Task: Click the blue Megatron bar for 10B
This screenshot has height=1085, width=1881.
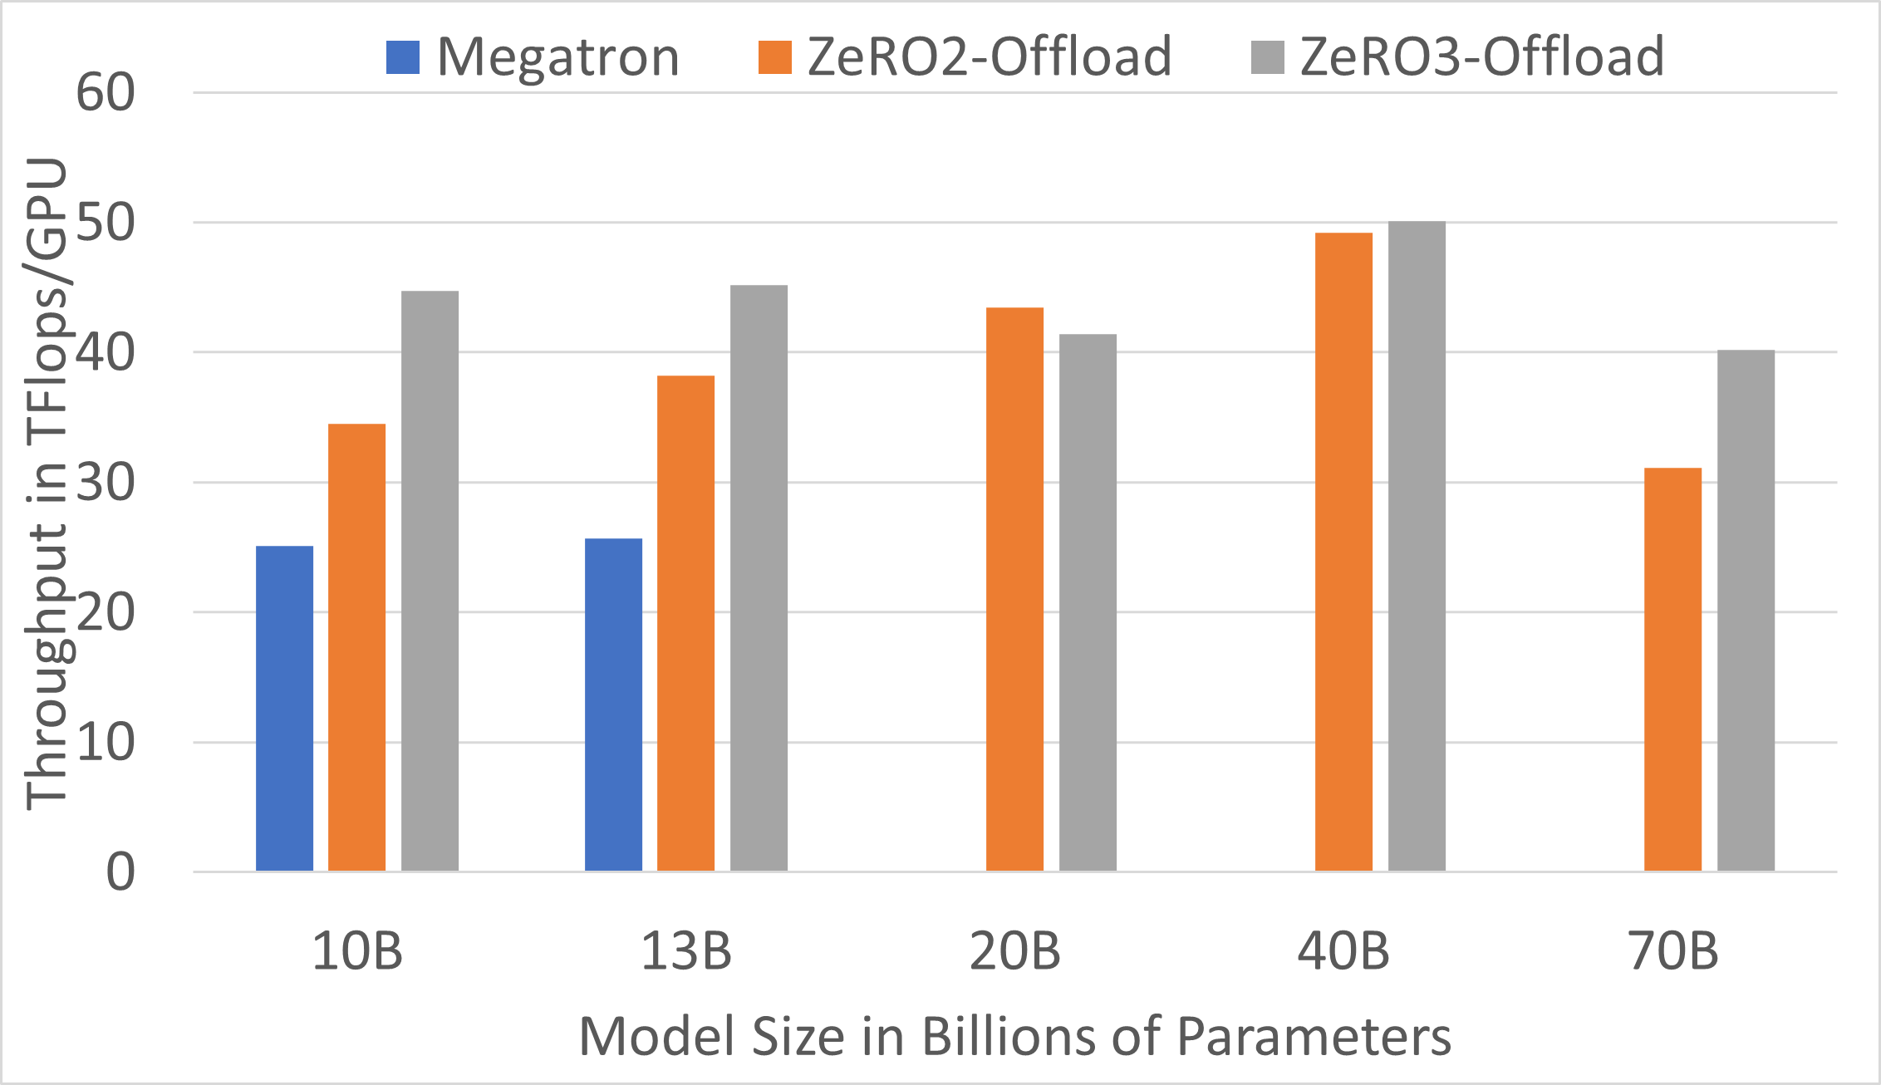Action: tap(284, 708)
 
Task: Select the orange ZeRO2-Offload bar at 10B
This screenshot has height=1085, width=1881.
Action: tap(356, 647)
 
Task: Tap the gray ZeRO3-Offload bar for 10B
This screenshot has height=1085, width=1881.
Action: tap(430, 581)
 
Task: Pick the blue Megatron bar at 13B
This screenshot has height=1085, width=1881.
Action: tap(613, 705)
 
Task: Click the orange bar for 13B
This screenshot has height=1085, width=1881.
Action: tap(685, 623)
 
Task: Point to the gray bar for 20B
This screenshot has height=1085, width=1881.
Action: tap(1088, 602)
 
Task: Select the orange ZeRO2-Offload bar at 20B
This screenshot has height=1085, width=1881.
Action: tap(1014, 589)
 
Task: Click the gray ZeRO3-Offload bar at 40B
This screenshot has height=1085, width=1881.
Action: tap(1417, 546)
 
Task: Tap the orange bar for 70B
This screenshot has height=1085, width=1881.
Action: tap(1672, 669)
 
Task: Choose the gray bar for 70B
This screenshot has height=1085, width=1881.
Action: tap(1746, 611)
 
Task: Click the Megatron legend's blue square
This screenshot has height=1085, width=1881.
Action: tap(403, 57)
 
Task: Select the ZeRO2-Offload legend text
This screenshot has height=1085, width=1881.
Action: tap(989, 57)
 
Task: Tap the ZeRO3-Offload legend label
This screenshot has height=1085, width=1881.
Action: tap(1481, 57)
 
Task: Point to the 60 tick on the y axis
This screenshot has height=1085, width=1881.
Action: tap(106, 92)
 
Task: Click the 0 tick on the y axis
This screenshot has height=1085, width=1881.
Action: tap(120, 872)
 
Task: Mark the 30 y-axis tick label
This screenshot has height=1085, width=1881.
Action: tap(106, 483)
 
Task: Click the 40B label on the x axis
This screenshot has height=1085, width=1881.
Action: tap(1343, 951)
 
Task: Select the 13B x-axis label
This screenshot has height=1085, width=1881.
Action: tap(685, 951)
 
